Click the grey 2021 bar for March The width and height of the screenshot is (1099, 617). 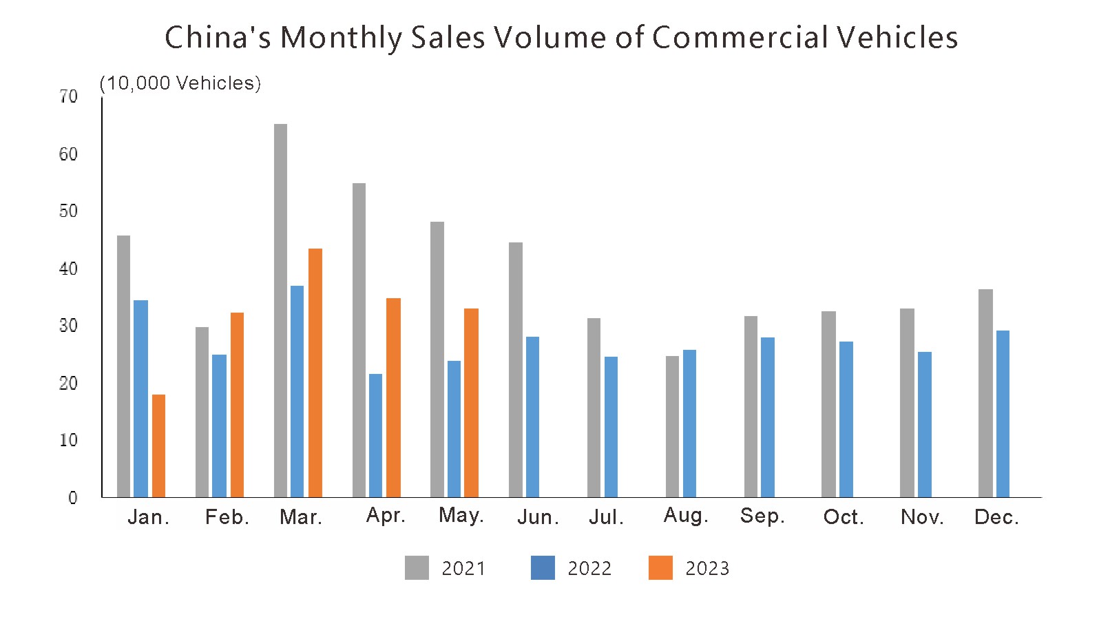280,310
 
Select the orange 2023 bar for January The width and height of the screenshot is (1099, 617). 158,446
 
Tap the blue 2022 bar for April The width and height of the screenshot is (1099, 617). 375,435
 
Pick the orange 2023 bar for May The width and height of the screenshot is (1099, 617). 471,402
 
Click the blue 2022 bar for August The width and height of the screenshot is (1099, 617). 689,423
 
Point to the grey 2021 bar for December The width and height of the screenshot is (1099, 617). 985,393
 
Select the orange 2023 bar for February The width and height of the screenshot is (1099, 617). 237,404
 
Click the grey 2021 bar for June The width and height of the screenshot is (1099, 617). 515,369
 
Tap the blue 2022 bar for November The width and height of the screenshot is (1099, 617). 925,424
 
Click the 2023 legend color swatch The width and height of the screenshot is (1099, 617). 660,568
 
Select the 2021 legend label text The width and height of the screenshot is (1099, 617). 463,569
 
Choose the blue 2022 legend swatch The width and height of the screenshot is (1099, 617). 543,568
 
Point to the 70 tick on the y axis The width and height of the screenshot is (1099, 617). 69,97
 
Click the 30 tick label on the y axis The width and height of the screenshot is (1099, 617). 69,326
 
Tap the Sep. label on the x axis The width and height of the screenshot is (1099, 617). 762,516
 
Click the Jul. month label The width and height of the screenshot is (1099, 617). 606,517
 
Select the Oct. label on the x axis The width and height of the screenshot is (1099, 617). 844,517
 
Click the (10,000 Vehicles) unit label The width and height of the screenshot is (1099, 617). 180,83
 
